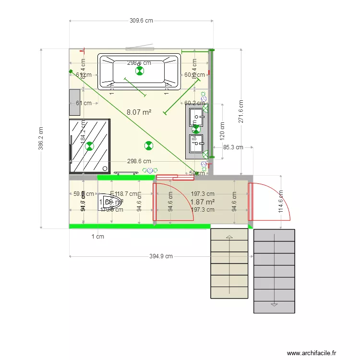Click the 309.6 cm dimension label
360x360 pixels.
(141, 21)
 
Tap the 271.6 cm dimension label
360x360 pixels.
(241, 111)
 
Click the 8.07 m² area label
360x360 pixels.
(139, 112)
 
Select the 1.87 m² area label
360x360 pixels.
(202, 202)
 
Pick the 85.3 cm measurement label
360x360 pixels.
(233, 147)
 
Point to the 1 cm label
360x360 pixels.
(98, 236)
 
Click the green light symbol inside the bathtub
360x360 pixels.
(139, 72)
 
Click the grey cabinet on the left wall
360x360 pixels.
(74, 102)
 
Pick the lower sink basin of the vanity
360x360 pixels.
(196, 143)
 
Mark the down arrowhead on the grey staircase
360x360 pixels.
(274, 304)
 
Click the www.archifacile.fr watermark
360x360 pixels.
(312, 353)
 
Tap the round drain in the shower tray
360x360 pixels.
(105, 168)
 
